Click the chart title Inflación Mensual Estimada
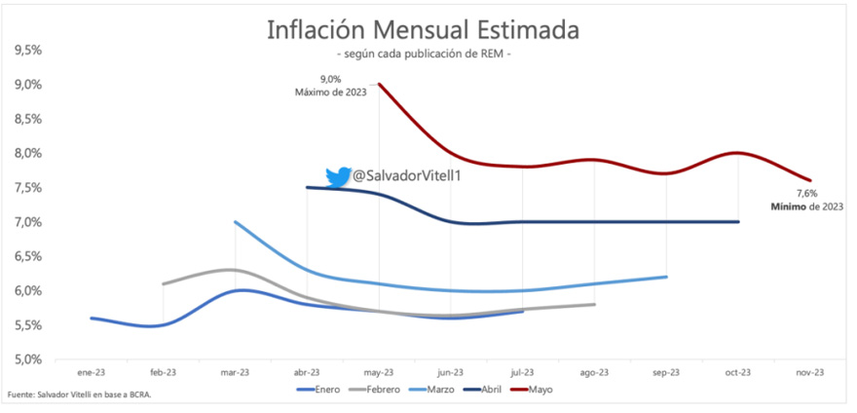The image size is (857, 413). [x=423, y=29]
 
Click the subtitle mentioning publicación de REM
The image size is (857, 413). [x=423, y=54]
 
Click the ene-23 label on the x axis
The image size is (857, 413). [x=91, y=372]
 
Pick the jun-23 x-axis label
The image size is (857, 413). [x=451, y=372]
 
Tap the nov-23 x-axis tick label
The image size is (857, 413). [x=810, y=372]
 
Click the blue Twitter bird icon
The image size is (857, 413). [x=338, y=176]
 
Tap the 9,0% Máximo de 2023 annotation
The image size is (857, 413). [x=330, y=86]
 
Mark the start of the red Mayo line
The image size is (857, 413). [x=379, y=85]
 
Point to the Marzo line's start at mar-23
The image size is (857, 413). [x=235, y=222]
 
